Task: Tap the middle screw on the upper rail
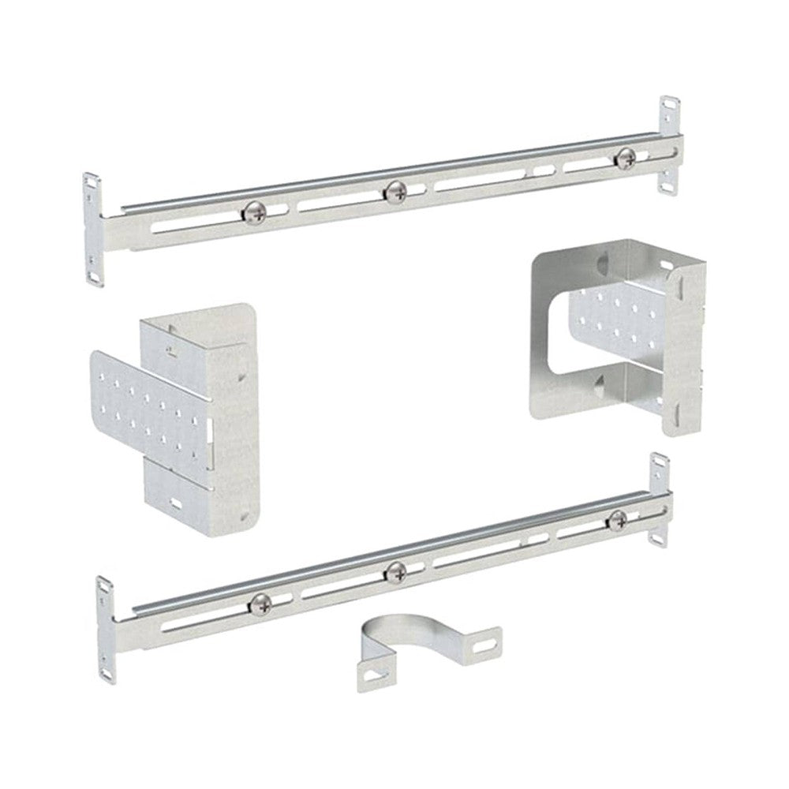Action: pos(394,189)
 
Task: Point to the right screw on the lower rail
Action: pos(618,518)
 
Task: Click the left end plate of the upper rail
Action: pos(93,229)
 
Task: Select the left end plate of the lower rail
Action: pos(106,627)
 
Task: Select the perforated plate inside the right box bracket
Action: pos(623,316)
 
